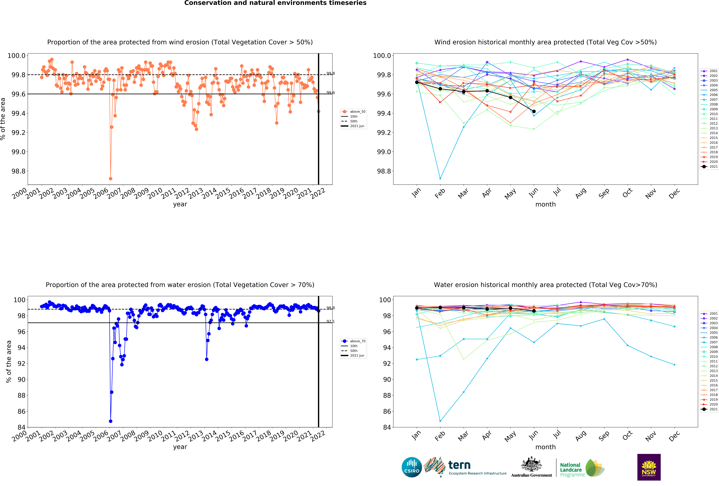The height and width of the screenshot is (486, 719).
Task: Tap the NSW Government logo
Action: tap(649, 467)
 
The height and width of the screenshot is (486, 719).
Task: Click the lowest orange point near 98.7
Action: tap(110, 179)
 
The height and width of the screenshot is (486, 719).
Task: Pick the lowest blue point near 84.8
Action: tap(110, 421)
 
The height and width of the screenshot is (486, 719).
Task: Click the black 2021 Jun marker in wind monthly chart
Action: tap(534, 111)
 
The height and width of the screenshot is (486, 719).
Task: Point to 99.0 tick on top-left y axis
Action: tap(19, 152)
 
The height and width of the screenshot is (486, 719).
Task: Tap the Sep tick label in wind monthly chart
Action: tap(604, 193)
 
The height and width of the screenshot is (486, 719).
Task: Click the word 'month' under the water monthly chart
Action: tap(545, 447)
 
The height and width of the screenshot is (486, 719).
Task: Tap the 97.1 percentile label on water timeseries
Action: tap(330, 321)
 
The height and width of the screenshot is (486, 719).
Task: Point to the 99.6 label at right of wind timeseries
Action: tap(330, 92)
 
